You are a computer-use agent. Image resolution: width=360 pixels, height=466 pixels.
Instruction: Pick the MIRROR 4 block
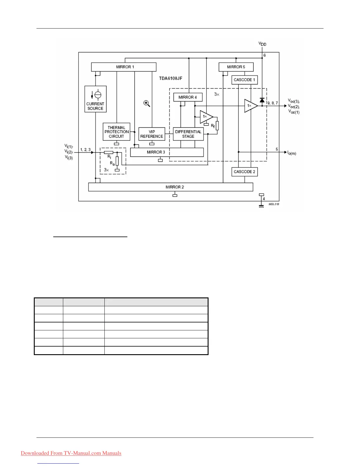pyautogui.click(x=188, y=97)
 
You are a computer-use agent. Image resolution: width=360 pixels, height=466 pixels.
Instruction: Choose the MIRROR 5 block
pyautogui.click(x=236, y=67)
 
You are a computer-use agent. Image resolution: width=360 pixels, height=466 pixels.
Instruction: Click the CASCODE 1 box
pyautogui.click(x=244, y=80)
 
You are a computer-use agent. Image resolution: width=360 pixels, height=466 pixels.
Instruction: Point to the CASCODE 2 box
pyautogui.click(x=244, y=172)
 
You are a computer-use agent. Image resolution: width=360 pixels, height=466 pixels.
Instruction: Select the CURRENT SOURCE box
pyautogui.click(x=95, y=99)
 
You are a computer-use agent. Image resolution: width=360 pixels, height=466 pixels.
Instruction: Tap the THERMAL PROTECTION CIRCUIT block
pyautogui.click(x=116, y=132)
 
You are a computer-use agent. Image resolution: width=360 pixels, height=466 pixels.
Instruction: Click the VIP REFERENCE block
pyautogui.click(x=152, y=134)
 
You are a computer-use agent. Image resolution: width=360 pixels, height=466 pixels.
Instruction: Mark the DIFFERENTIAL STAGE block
pyautogui.click(x=188, y=134)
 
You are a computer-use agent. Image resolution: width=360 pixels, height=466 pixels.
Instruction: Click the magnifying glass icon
pyautogui.click(x=147, y=104)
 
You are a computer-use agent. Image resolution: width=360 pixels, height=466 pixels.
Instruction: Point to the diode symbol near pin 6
pyautogui.click(x=262, y=100)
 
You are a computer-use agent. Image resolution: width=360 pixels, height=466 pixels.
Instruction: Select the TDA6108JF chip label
pyautogui.click(x=171, y=79)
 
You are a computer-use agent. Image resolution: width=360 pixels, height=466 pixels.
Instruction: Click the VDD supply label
pyautogui.click(x=262, y=44)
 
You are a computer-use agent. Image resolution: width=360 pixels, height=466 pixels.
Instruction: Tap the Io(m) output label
pyautogui.click(x=292, y=153)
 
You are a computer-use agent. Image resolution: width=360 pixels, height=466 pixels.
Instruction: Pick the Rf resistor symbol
pyautogui.click(x=217, y=126)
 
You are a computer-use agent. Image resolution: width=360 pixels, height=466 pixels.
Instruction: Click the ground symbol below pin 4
pyautogui.click(x=261, y=206)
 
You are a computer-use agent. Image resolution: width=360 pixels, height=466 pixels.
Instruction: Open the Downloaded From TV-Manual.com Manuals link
pyautogui.click(x=71, y=453)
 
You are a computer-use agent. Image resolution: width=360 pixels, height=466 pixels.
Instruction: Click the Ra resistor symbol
pyautogui.click(x=117, y=161)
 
